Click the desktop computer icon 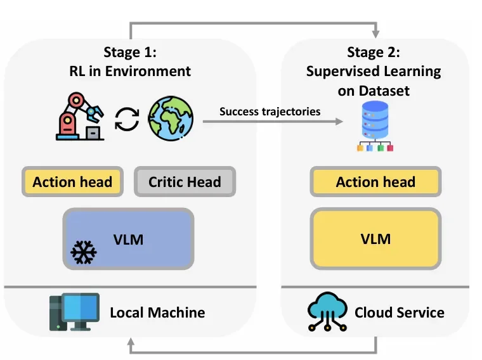tap(74, 312)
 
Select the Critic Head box tap(185, 182)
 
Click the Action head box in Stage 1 tap(72, 182)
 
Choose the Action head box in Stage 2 tap(375, 182)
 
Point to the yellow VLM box tap(375, 239)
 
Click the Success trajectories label tap(270, 112)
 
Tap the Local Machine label tap(157, 312)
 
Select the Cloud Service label tap(399, 312)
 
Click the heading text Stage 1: tap(130, 51)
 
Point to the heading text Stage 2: tap(374, 51)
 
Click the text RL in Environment tap(130, 71)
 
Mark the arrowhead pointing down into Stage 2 tap(375, 32)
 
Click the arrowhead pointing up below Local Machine tap(131, 344)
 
